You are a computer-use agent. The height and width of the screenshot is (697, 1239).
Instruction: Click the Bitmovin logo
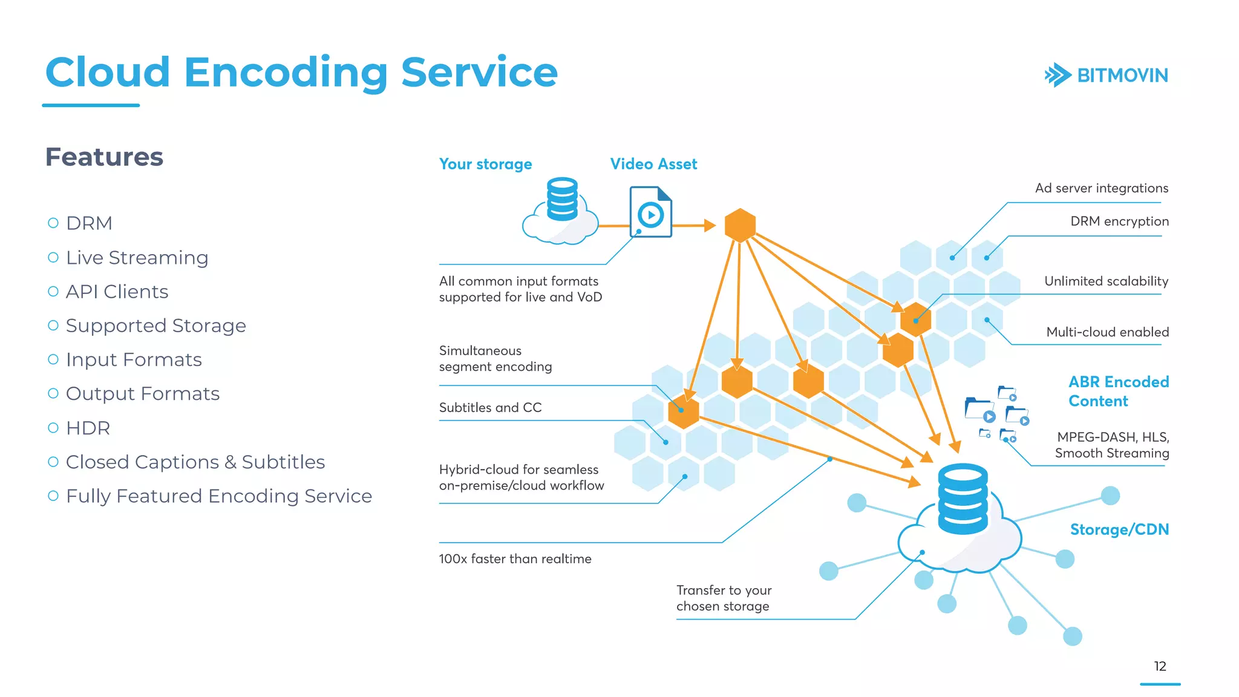point(1106,75)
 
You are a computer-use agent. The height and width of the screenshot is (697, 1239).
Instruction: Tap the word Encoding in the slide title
point(286,73)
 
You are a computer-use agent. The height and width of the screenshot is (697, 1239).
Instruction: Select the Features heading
point(104,157)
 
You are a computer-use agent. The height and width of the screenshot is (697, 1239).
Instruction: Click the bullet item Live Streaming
point(137,258)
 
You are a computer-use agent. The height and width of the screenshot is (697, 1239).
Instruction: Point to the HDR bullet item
point(88,428)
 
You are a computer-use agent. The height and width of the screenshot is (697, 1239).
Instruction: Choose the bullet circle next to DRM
point(53,223)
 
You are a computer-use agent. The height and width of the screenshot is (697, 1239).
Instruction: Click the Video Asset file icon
point(650,212)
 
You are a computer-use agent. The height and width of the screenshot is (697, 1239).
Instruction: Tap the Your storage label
point(485,164)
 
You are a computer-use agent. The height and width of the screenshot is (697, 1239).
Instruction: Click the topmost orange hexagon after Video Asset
point(740,225)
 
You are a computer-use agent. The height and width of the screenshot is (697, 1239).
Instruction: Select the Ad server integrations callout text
point(1101,188)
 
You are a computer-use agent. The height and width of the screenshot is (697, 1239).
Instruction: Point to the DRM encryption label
point(1119,221)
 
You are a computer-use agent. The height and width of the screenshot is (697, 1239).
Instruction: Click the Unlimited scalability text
point(1106,281)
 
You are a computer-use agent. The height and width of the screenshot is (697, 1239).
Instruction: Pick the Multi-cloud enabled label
point(1107,332)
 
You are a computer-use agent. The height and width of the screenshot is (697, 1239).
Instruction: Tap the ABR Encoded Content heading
point(1118,391)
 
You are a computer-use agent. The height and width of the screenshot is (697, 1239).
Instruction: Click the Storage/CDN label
point(1119,529)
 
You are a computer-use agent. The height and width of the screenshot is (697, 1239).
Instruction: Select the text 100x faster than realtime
point(515,559)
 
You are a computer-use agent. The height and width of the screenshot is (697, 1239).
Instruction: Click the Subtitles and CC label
point(490,408)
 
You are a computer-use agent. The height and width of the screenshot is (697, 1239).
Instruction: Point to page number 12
point(1160,666)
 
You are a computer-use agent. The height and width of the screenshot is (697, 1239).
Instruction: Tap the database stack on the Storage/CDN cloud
point(962,499)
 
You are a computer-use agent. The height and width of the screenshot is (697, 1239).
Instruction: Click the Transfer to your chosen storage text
point(724,598)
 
